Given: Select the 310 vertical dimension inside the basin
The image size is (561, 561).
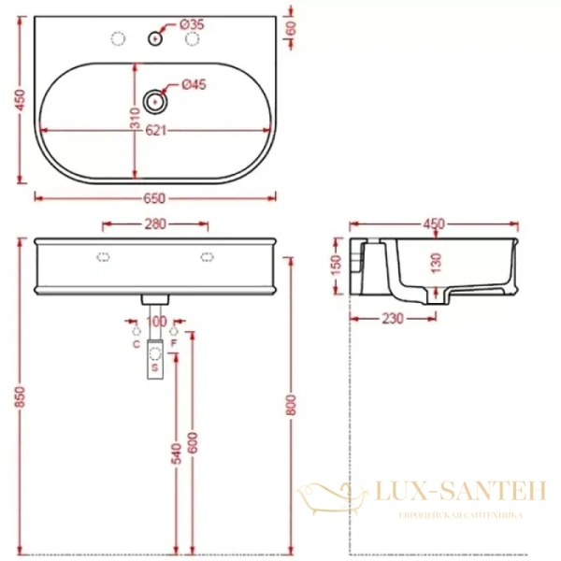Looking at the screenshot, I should tap(135, 119).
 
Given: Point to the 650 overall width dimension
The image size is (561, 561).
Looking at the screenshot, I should tap(155, 197).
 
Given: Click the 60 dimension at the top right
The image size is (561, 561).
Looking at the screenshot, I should tap(291, 28).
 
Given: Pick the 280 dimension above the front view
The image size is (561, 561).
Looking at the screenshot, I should tap(155, 224).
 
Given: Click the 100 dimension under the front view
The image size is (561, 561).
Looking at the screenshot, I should tap(157, 321).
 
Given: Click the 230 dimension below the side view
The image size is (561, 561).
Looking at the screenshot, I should tap(393, 319).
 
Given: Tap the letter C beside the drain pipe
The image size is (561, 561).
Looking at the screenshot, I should tap(137, 344).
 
